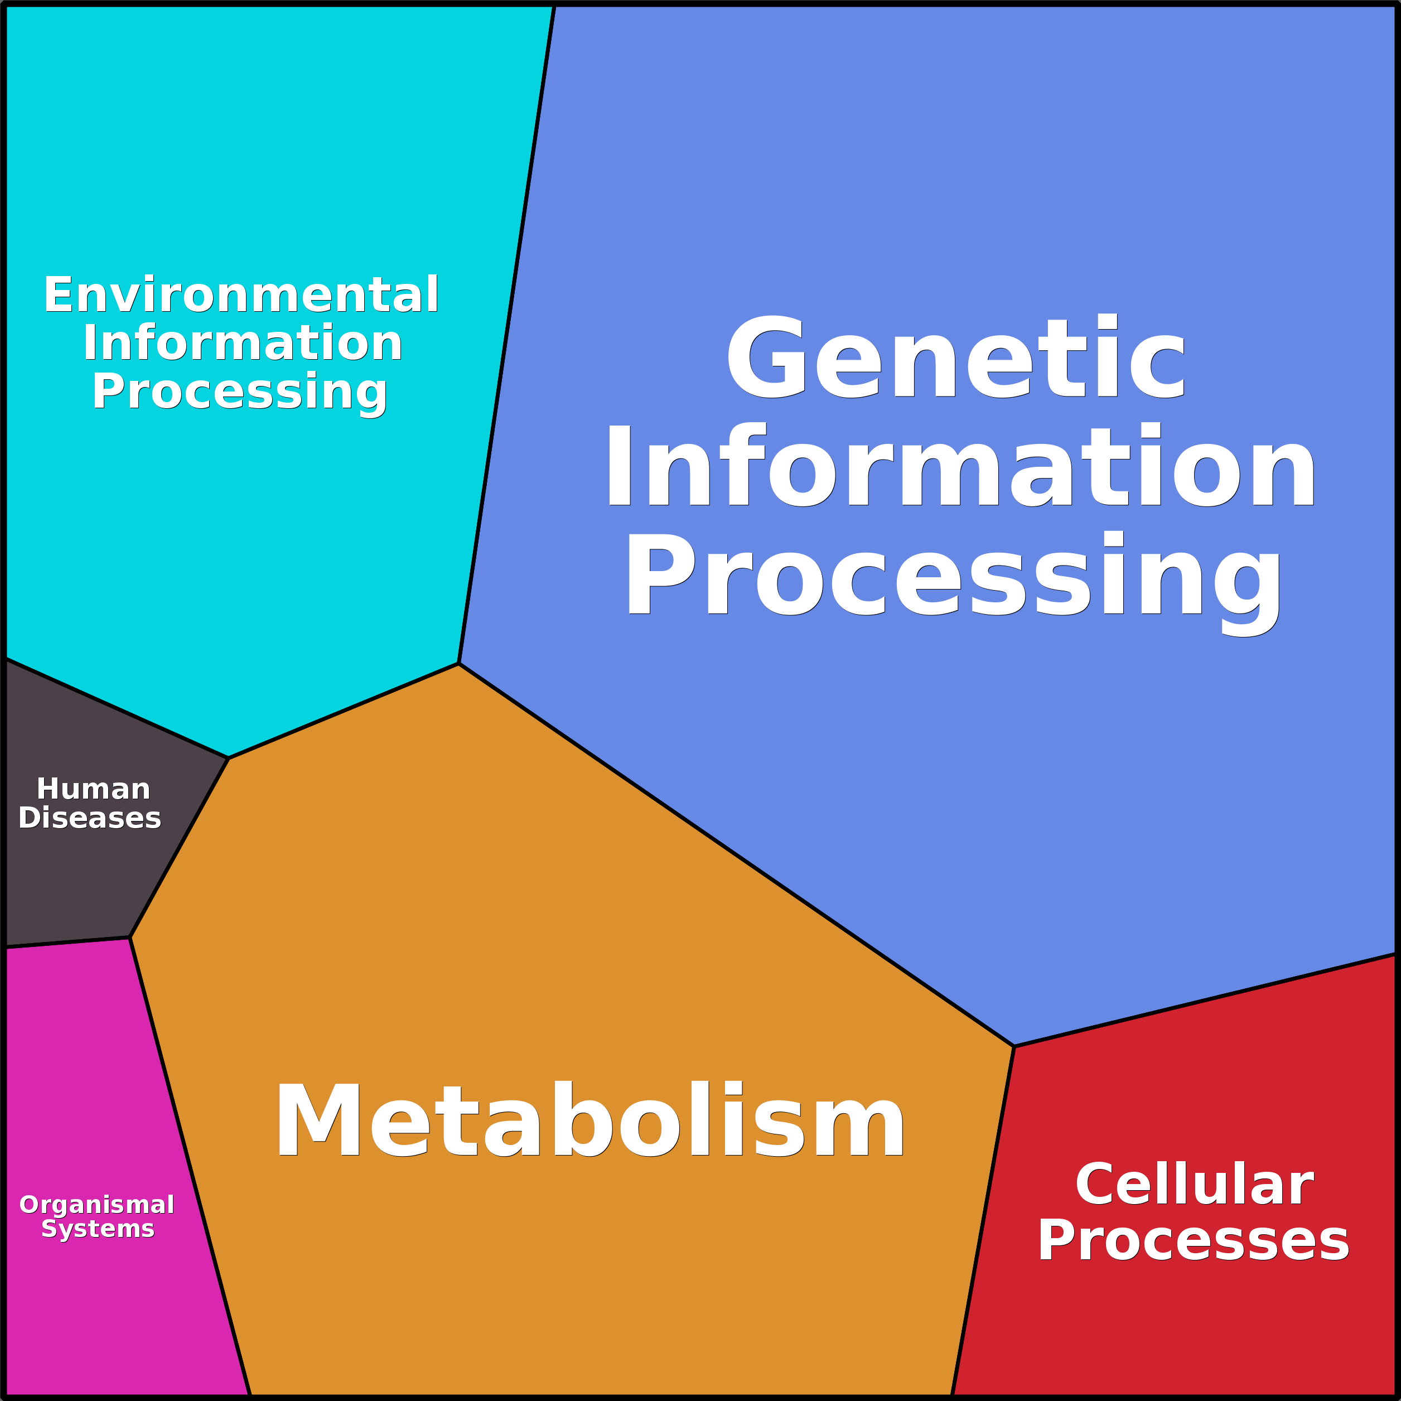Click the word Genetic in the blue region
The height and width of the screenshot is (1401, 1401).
(956, 358)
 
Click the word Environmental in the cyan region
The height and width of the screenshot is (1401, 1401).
(241, 295)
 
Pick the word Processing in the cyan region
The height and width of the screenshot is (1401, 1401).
(239, 392)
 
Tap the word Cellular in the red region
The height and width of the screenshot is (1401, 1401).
(1194, 1185)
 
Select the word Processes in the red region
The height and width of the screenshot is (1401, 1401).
(1193, 1241)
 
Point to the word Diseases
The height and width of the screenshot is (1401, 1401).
(90, 818)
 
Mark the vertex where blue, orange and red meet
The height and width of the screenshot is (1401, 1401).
(1014, 1046)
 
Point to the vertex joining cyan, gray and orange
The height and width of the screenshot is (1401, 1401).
(229, 759)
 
